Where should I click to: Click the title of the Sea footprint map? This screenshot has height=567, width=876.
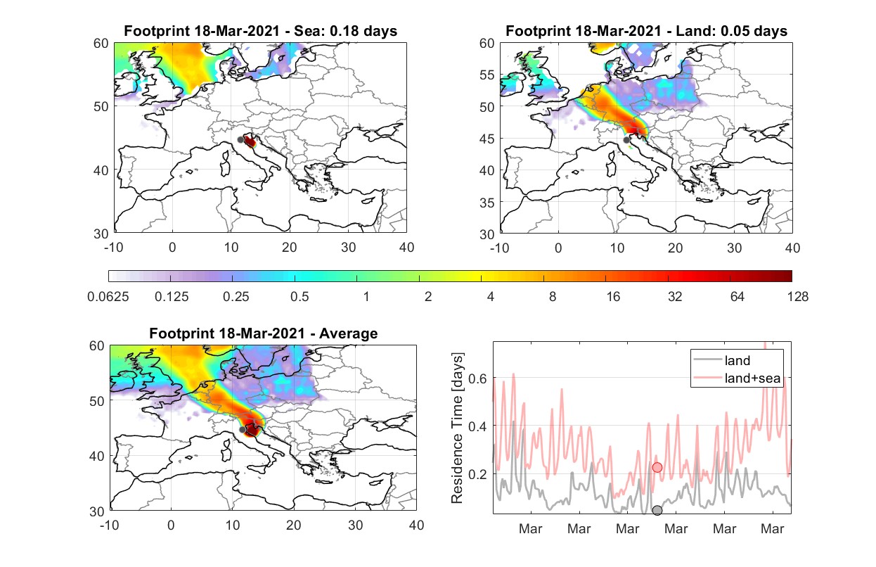[260, 31]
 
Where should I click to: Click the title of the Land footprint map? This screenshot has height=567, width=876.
[646, 31]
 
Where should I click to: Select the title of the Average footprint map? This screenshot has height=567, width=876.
[263, 333]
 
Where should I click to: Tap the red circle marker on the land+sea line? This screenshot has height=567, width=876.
[657, 467]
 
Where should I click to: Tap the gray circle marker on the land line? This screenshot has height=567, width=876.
[657, 510]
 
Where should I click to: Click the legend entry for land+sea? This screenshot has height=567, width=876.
[737, 378]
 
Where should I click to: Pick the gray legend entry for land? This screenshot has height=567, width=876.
[722, 360]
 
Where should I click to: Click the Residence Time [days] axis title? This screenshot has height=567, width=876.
[457, 428]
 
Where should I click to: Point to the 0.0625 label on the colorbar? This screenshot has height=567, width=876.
[108, 297]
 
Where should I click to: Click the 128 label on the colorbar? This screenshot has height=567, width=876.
[797, 297]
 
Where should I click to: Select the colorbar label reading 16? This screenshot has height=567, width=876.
[613, 297]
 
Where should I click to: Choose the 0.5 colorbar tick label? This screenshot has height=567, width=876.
[299, 297]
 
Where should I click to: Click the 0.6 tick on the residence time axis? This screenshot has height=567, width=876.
[477, 378]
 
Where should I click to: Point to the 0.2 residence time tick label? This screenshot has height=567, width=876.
[477, 474]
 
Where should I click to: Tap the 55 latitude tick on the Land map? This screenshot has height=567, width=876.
[487, 75]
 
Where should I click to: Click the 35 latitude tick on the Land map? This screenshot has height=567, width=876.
[487, 203]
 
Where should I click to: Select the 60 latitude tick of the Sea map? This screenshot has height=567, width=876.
[101, 43]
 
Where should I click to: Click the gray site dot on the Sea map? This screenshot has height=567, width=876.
[240, 140]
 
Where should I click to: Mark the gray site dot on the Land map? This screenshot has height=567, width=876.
[626, 140]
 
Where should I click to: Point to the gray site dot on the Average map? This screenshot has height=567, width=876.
[243, 429]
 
